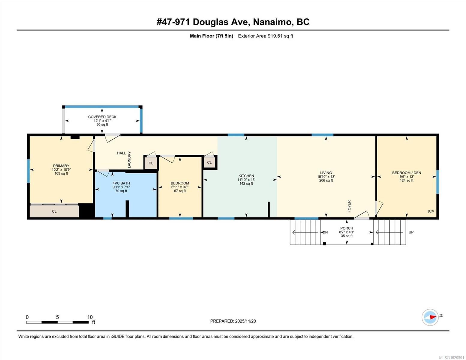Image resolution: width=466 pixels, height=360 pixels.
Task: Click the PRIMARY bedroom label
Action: pyautogui.click(x=61, y=166)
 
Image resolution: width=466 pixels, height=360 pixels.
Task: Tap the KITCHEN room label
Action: pyautogui.click(x=246, y=176)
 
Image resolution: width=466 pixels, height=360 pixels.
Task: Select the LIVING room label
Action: pyautogui.click(x=326, y=173)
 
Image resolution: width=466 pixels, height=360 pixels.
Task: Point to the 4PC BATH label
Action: pyautogui.click(x=121, y=183)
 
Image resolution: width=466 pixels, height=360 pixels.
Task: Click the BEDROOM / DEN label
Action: pyautogui.click(x=407, y=173)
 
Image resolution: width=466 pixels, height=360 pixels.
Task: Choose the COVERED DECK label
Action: pyautogui.click(x=102, y=117)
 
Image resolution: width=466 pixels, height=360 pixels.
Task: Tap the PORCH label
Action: pyautogui.click(x=347, y=228)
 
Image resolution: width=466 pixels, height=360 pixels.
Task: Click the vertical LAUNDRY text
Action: pyautogui.click(x=129, y=160)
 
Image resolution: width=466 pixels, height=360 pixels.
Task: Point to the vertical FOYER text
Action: pyautogui.click(x=349, y=206)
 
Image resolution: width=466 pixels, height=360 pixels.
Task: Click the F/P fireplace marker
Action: pyautogui.click(x=431, y=211)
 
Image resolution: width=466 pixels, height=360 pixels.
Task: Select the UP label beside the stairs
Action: pyautogui.click(x=411, y=232)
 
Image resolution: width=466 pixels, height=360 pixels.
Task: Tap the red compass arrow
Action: pyautogui.click(x=433, y=317)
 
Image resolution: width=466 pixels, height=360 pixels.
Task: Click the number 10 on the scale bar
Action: pyautogui.click(x=90, y=317)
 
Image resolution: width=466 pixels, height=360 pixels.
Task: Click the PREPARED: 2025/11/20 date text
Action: pyautogui.click(x=233, y=321)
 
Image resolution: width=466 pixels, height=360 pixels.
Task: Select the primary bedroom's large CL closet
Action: pyautogui.click(x=54, y=211)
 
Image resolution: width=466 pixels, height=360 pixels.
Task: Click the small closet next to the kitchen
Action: pyautogui.click(x=209, y=163)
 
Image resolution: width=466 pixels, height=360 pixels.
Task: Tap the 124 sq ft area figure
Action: pyautogui.click(x=407, y=181)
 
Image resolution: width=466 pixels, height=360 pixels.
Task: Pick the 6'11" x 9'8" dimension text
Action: pyautogui.click(x=180, y=187)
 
